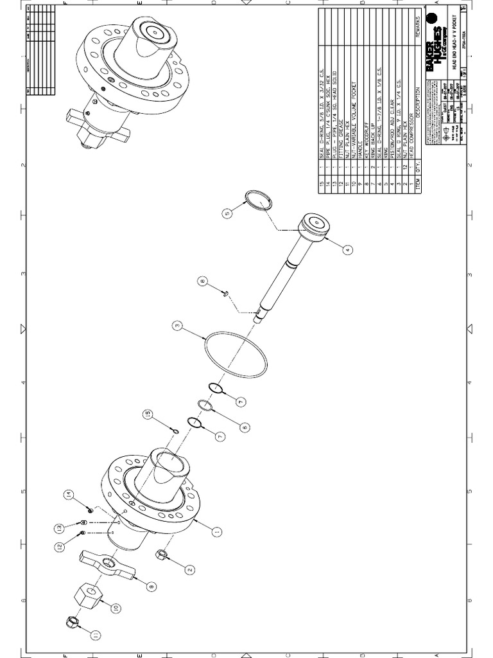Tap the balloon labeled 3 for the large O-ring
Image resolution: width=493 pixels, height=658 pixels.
(178, 326)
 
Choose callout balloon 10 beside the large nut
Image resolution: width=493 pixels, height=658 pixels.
(116, 607)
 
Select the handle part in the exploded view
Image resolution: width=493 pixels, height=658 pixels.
(106, 565)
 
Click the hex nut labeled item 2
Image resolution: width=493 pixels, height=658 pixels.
(162, 554)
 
